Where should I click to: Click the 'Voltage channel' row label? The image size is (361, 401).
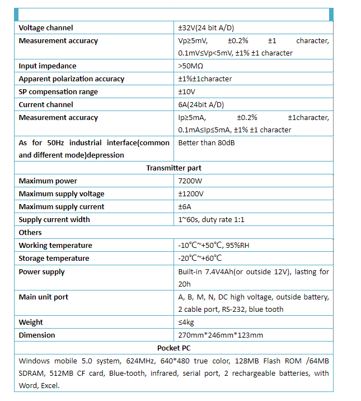coord(46,28)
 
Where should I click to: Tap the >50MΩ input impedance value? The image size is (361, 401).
coord(190,66)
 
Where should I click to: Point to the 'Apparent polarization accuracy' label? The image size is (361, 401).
coord(72,79)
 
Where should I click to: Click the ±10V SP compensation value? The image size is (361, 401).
coord(187,92)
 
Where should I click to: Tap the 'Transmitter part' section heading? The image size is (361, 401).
coord(174,168)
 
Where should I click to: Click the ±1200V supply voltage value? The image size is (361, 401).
coord(191,194)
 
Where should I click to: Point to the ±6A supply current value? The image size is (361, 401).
coord(185,207)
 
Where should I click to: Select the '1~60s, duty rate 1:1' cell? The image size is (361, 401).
coord(211,220)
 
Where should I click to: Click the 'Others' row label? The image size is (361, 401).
coord(30,233)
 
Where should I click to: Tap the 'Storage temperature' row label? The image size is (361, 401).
coord(54,259)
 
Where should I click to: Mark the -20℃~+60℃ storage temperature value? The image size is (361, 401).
coord(200,259)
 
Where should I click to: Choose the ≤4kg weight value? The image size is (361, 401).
coord(186,322)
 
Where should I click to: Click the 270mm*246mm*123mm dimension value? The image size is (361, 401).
coord(221,335)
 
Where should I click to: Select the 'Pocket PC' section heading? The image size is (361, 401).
coord(174,348)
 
